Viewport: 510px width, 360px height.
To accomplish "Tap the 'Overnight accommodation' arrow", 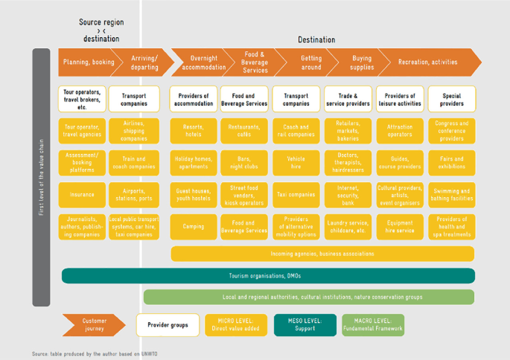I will pos(203,62).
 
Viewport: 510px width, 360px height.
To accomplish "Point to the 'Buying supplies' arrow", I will pos(362,62).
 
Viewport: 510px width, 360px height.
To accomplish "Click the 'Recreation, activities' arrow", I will pos(428,62).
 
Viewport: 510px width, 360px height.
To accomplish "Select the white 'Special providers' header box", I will pos(451,100).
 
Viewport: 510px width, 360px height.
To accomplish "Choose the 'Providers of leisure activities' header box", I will pos(400,100).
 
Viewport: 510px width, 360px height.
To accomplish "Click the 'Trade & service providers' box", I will pos(348,100).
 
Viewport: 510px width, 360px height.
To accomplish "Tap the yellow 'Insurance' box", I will pos(82,195).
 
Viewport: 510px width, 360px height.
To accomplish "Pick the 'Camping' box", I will pos(193,227).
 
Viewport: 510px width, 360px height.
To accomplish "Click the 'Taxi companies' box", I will pos(296,195).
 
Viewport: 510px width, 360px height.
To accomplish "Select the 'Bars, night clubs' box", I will pos(244,163).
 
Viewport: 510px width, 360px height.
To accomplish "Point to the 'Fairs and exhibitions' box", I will pos(451,163).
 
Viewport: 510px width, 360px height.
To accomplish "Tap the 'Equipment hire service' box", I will pos(400,227).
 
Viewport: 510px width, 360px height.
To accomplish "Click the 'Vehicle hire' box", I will pos(296,163).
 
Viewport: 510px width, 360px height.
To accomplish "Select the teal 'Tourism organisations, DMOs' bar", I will pos(267,276).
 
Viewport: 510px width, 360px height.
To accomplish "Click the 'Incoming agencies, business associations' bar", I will pos(322,254).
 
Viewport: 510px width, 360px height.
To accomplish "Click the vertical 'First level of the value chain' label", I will pos(41,177).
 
